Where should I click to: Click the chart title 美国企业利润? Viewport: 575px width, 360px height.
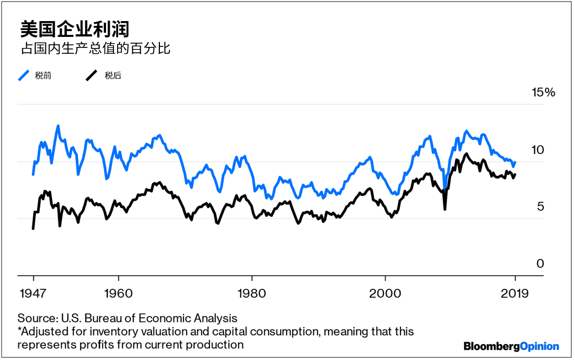pyautogui.click(x=74, y=29)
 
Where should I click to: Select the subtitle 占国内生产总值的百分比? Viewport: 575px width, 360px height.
pyautogui.click(x=95, y=49)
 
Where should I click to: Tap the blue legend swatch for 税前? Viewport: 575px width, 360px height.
pyautogui.click(x=24, y=75)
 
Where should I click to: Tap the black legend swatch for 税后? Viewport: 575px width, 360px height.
pyautogui.click(x=92, y=75)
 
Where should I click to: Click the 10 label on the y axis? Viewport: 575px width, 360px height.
pyautogui.click(x=536, y=150)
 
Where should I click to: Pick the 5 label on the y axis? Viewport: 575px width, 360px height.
pyautogui.click(x=540, y=207)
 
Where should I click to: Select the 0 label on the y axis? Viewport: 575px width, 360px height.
pyautogui.click(x=540, y=264)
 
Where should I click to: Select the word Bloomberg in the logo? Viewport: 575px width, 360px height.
pyautogui.click(x=492, y=346)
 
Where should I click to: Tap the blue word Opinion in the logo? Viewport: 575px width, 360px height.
pyautogui.click(x=539, y=346)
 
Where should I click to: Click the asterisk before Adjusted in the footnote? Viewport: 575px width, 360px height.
pyautogui.click(x=20, y=330)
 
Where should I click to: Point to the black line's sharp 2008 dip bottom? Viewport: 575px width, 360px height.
pyautogui.click(x=445, y=209)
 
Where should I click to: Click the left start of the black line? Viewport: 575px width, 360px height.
pyautogui.click(x=33, y=228)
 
